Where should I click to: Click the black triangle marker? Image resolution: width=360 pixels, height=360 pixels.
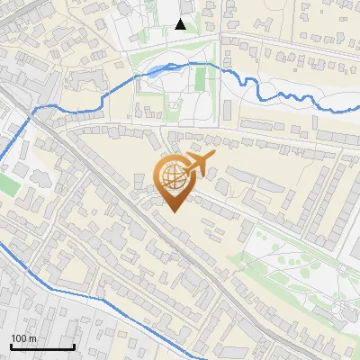click(x=181, y=24)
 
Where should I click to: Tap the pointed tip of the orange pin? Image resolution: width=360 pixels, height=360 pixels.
click(x=174, y=211)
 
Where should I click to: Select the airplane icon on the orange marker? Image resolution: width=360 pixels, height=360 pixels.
click(x=200, y=165)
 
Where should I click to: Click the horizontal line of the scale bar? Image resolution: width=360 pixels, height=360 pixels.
click(x=42, y=347)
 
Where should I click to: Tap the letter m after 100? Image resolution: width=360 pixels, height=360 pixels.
click(x=32, y=338)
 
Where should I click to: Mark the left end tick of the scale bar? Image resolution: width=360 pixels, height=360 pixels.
click(x=11, y=346)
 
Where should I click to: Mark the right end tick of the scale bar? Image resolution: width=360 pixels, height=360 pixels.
click(x=74, y=346)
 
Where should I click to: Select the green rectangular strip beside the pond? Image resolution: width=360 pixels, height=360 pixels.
click(x=200, y=81)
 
